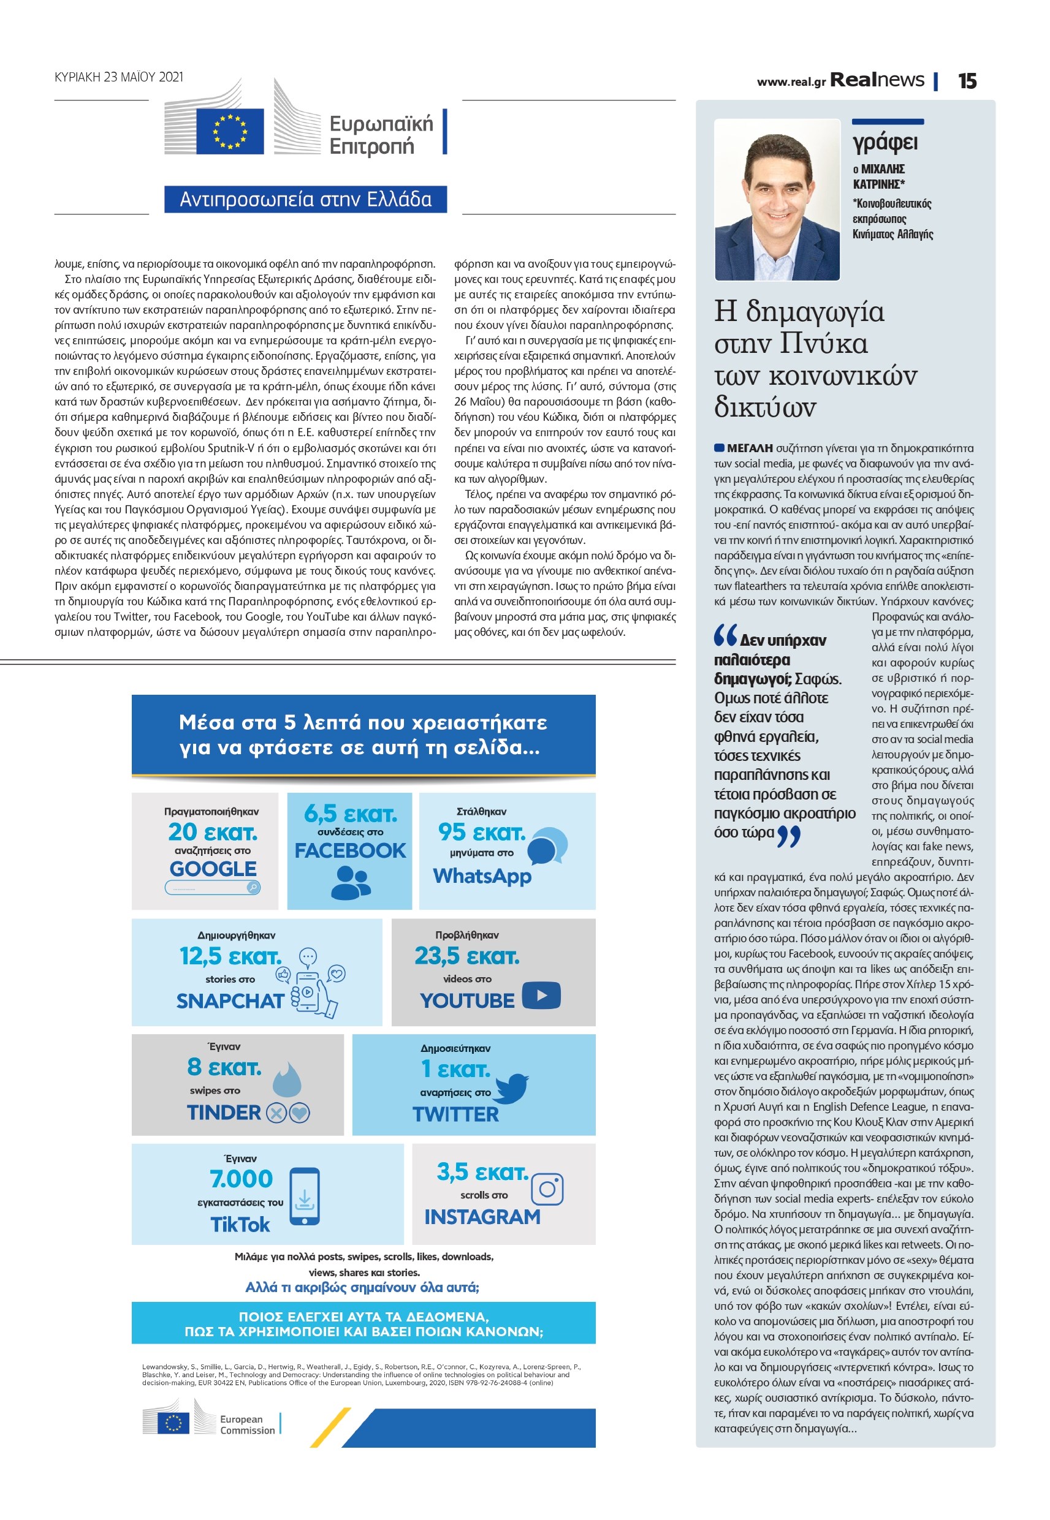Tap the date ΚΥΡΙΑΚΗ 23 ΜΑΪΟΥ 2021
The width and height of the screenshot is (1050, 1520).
pos(119,77)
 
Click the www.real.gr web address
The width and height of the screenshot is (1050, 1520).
pos(791,82)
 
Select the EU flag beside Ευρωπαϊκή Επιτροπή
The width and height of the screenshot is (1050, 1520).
pos(230,130)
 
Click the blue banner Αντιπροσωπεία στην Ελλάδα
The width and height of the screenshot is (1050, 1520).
pos(305,199)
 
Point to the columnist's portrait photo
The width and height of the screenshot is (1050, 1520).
pos(777,199)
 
